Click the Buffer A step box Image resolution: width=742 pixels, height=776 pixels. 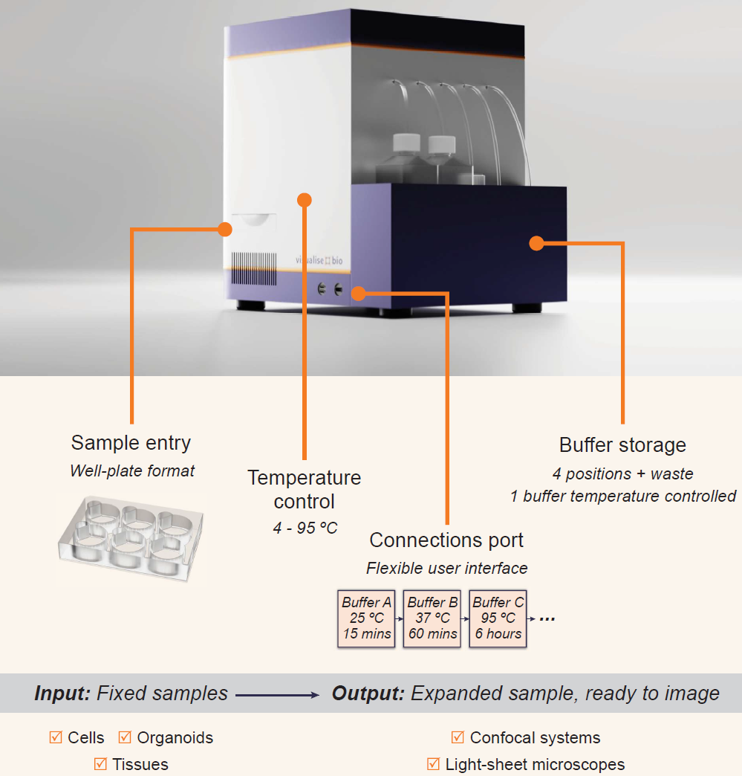coord(366,618)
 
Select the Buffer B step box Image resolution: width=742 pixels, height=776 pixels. coord(432,618)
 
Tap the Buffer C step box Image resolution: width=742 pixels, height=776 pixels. coord(498,618)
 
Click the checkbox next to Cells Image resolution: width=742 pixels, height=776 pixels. coord(56,737)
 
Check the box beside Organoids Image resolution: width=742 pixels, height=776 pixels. coord(125,737)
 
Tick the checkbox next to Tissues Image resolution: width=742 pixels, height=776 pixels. coord(100,763)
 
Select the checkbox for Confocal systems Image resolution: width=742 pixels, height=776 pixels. coord(458,737)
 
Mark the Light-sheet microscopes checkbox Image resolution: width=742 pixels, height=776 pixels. coord(433,763)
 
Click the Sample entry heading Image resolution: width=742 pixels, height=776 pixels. coord(131,444)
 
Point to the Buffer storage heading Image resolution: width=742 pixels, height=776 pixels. coord(622,445)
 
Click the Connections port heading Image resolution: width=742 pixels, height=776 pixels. coord(446,540)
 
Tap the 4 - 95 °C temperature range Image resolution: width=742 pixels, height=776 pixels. coord(305,528)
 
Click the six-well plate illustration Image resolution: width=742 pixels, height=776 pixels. coord(131,538)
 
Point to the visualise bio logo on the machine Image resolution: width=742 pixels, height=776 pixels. coord(319,260)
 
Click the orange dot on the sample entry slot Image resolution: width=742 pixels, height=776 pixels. coord(225,229)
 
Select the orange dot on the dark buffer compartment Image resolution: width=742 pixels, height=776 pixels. coord(537,243)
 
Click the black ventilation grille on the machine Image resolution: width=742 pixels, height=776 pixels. coord(254,269)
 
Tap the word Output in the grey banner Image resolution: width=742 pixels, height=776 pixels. coord(368,693)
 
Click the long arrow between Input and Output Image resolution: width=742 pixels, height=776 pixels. coord(277,695)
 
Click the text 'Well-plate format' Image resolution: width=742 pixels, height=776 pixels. coord(132,471)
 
